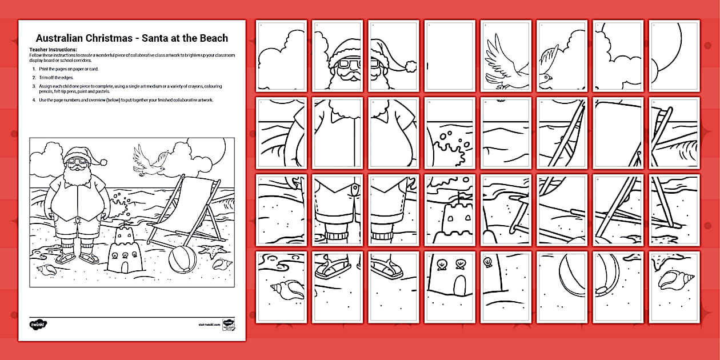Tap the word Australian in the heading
(x=61, y=38)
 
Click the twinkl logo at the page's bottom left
(x=38, y=325)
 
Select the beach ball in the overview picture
(x=182, y=261)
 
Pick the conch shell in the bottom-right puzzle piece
(x=674, y=281)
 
